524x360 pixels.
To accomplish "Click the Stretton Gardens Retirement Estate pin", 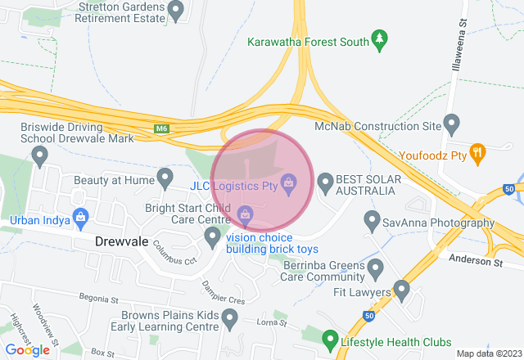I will (175, 10).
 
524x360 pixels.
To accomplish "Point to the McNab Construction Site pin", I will (451, 124).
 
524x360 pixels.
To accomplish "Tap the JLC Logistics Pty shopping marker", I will (288, 183).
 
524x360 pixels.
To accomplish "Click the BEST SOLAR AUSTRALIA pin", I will (326, 183).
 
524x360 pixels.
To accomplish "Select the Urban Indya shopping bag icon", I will (80, 217).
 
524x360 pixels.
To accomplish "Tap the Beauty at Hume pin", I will (165, 176).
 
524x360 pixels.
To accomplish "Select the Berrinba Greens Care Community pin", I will (376, 268).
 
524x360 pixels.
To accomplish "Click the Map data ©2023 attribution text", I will (488, 353).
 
